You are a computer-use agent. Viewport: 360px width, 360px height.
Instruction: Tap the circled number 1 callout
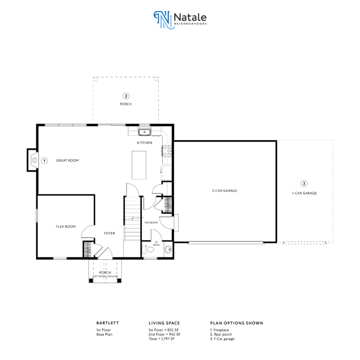tap(45, 161)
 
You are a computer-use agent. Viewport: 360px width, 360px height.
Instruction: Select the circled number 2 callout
tap(126, 96)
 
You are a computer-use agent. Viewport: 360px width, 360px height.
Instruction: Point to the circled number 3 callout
tap(304, 183)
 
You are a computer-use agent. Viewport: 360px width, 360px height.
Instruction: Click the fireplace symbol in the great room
tap(34, 160)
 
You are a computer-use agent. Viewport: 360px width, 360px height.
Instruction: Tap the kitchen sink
tap(144, 132)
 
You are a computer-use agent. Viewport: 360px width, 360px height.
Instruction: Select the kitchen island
tap(139, 165)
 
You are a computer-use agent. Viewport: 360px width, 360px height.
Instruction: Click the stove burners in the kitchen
tap(167, 151)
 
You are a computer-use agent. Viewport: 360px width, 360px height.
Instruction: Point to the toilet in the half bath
tap(149, 249)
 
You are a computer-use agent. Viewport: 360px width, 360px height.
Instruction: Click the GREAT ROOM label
tap(67, 160)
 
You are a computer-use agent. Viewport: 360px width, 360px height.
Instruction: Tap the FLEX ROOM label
tap(66, 226)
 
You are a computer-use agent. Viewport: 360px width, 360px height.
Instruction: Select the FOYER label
tap(110, 233)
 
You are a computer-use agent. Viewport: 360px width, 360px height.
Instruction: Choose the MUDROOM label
tap(151, 223)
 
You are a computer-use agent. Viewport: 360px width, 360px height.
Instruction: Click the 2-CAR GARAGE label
tap(225, 191)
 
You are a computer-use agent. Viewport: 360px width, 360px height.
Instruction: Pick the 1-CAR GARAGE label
tap(304, 193)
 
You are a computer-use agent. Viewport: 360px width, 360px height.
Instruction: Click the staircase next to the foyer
tap(133, 218)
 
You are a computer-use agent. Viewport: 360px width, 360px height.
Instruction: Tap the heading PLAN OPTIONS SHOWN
tap(237, 323)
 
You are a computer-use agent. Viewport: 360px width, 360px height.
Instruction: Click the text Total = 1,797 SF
tap(161, 339)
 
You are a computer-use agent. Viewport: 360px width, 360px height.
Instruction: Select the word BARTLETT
tap(107, 323)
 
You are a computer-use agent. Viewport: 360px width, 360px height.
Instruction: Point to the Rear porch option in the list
tap(221, 335)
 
